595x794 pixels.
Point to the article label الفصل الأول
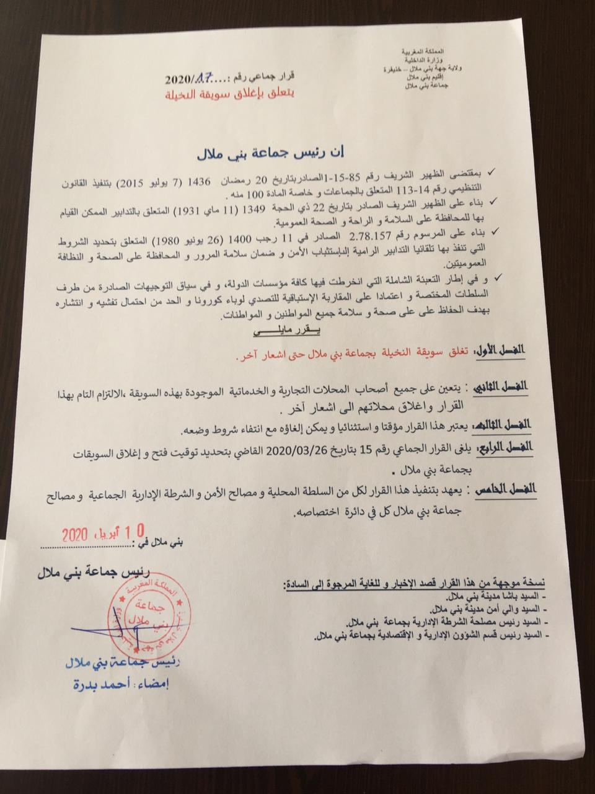click(499, 352)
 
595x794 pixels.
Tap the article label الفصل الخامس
click(505, 490)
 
